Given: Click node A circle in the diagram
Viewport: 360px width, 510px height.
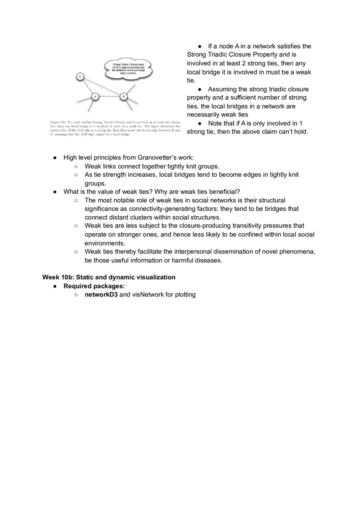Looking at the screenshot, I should [95, 97].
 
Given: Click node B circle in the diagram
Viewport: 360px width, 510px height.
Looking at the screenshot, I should [124, 97].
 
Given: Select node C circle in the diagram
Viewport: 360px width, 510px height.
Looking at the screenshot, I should [80, 76].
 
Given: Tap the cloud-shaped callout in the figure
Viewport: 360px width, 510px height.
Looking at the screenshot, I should [128, 68].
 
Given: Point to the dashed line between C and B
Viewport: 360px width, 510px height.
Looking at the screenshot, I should [102, 86].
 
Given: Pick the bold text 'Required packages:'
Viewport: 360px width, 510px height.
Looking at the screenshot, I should [94, 286].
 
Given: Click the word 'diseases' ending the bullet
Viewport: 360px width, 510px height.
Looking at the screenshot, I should [208, 261].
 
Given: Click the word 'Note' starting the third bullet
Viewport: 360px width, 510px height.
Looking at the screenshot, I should [215, 124].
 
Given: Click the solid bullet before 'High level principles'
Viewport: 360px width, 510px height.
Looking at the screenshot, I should [55, 157].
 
